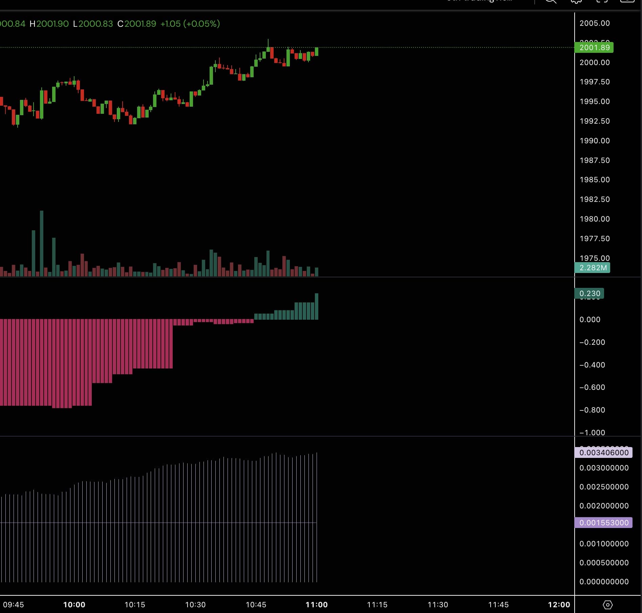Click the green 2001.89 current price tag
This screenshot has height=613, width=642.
(x=594, y=47)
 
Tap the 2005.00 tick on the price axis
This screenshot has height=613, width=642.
(x=594, y=23)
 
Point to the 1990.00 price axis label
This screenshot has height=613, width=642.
(x=594, y=141)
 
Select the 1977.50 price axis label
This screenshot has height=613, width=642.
(x=594, y=238)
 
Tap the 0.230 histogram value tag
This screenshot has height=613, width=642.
(x=590, y=293)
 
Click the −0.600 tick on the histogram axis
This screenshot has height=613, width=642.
(x=592, y=387)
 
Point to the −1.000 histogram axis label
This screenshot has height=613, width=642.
(x=592, y=432)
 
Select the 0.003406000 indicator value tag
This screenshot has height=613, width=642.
(x=603, y=452)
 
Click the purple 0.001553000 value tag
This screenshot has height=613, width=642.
(x=603, y=523)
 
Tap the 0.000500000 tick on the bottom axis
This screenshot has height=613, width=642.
(x=604, y=563)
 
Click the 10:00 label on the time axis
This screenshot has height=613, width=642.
(x=74, y=605)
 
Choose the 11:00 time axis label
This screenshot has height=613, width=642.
(x=317, y=605)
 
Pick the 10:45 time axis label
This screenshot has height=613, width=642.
(x=256, y=605)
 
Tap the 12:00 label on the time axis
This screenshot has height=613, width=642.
(x=559, y=605)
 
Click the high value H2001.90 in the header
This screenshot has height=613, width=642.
(x=49, y=24)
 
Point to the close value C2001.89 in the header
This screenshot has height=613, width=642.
(x=137, y=24)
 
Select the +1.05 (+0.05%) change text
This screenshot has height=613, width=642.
(x=190, y=24)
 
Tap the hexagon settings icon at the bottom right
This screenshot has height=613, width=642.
(x=608, y=605)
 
